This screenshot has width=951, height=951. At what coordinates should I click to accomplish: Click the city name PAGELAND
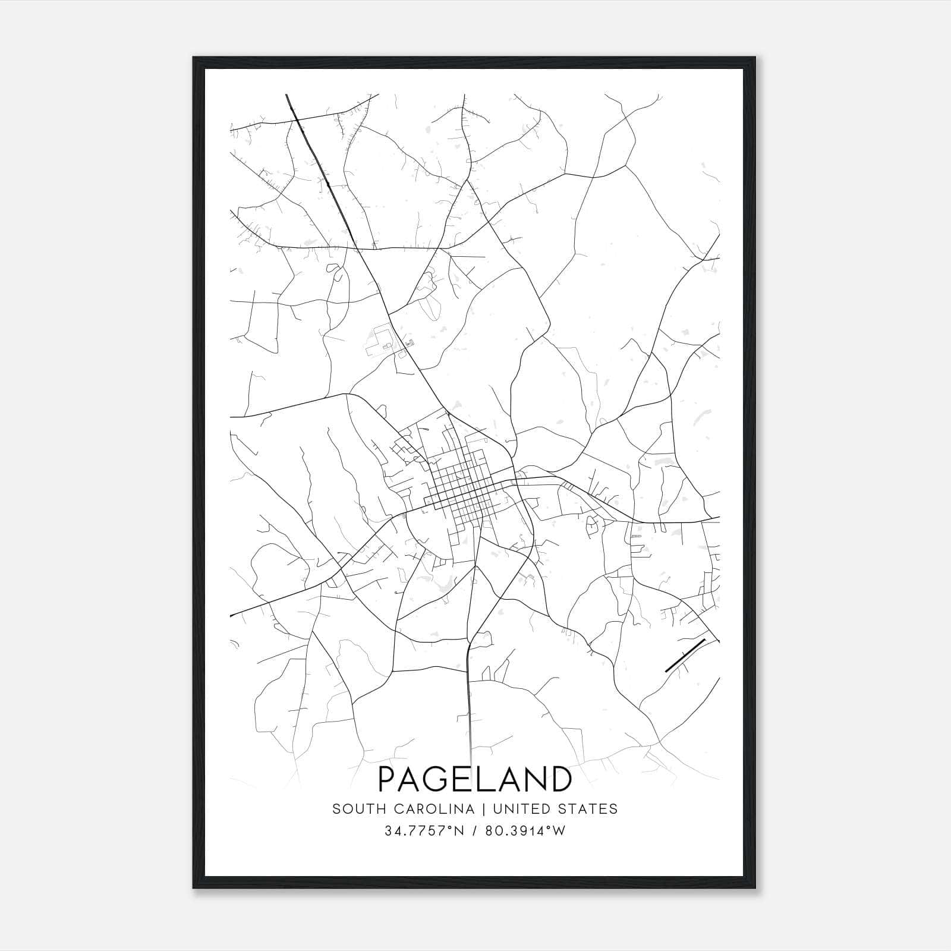click(474, 779)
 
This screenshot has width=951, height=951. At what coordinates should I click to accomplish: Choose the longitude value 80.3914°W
click(525, 831)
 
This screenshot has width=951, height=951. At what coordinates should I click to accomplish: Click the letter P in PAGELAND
click(388, 779)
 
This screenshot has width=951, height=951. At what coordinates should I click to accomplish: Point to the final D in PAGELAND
click(560, 779)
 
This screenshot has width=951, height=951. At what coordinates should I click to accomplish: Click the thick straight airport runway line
click(684, 655)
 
